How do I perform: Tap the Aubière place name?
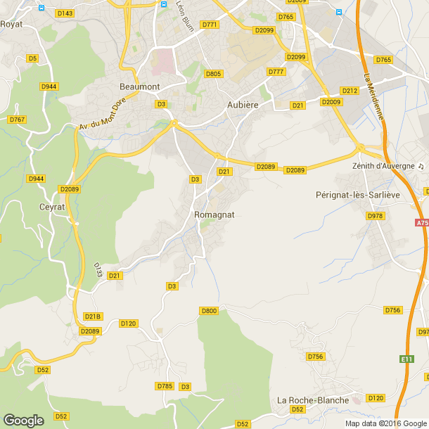(243, 104)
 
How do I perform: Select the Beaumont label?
(140, 87)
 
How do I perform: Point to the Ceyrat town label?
(53, 207)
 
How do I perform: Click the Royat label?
(11, 24)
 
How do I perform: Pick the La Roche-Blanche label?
(313, 400)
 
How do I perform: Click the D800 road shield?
(209, 311)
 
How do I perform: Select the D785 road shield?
(164, 386)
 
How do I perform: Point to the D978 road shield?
(375, 216)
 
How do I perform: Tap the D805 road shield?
(213, 74)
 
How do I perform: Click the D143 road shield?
(65, 13)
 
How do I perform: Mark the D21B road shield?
(93, 316)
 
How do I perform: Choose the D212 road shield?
(350, 91)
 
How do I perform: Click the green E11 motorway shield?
(406, 359)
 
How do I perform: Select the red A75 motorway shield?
(421, 223)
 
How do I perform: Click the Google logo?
(23, 421)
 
